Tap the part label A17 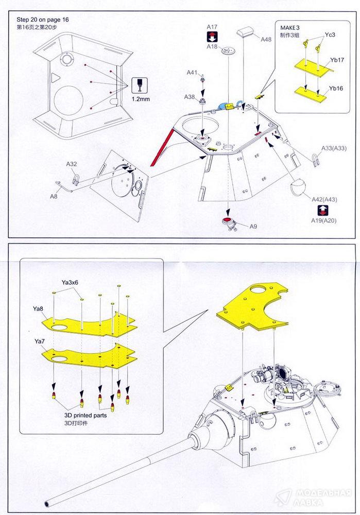point(212,27)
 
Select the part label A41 point(191,73)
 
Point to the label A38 point(190,97)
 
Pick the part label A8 point(54,196)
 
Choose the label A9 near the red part point(253,227)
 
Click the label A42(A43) point(324,199)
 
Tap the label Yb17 point(337,60)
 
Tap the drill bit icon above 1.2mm point(139,84)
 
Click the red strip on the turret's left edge point(161,146)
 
